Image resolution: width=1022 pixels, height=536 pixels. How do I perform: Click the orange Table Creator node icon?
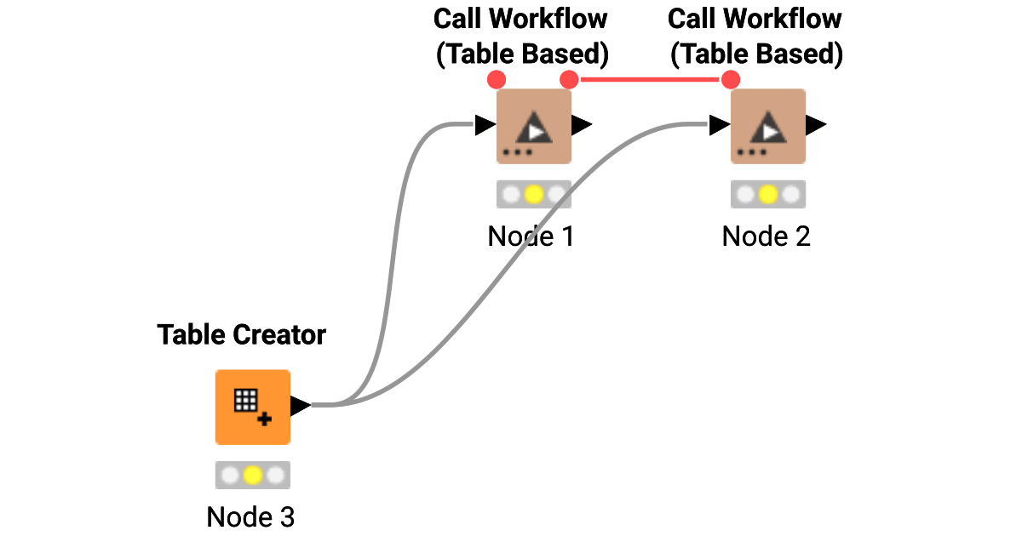[252, 407]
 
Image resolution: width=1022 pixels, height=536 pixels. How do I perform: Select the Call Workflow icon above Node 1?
[534, 126]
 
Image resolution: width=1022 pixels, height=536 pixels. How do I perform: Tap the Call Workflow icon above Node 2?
[768, 126]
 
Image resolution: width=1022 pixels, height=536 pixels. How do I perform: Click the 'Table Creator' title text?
[241, 334]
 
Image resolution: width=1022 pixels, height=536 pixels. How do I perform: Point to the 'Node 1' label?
[531, 236]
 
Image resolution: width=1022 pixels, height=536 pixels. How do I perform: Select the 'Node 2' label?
[766, 236]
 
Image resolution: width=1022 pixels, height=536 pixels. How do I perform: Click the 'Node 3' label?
[250, 516]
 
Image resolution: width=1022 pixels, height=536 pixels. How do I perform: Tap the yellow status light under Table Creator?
[252, 475]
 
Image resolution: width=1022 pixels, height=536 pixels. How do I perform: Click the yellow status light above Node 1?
[534, 195]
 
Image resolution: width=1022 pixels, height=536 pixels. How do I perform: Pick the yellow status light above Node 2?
[768, 195]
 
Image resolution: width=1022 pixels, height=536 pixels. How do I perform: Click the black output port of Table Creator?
[300, 406]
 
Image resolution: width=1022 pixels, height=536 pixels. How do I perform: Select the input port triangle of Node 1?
[485, 126]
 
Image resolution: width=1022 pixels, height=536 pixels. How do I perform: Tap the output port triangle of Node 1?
[582, 126]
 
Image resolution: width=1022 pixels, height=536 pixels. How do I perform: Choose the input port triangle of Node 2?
[719, 126]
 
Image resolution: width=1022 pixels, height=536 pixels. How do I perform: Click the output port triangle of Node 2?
[816, 126]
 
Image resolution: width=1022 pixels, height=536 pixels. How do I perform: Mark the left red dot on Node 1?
[497, 80]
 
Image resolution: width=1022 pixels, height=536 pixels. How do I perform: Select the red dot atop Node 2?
[730, 80]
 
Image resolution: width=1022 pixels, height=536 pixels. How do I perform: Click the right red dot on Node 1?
[569, 80]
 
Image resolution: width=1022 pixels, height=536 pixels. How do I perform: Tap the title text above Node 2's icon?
[755, 37]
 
